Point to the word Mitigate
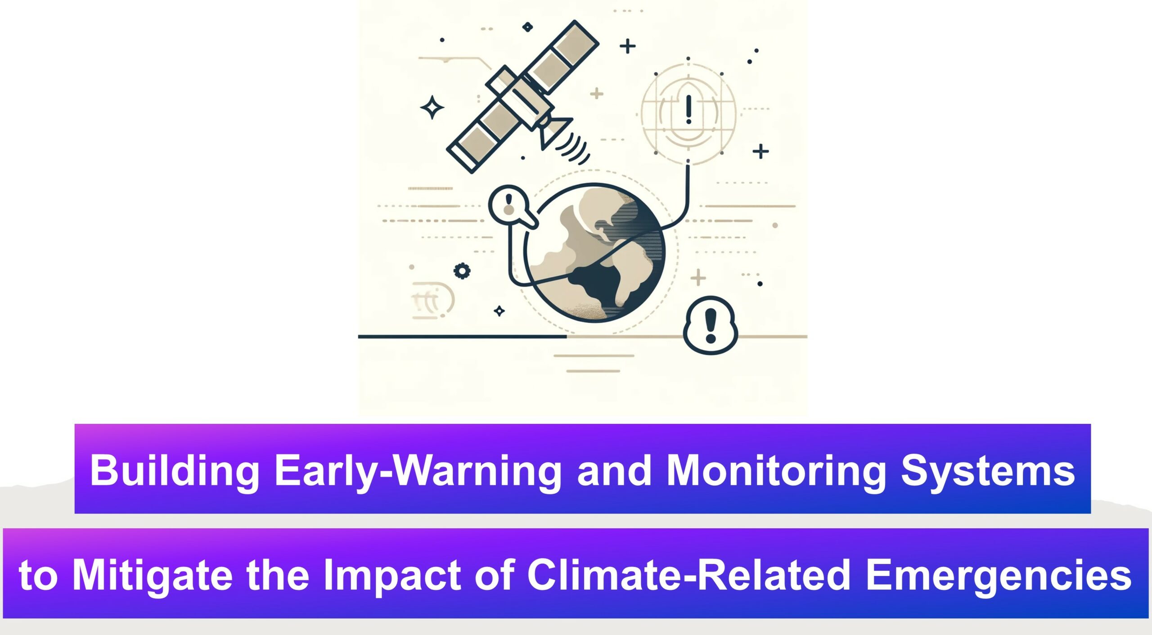tap(152, 576)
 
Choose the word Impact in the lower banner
tap(392, 576)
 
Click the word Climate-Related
tap(689, 575)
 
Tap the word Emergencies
tap(998, 576)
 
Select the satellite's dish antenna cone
tap(554, 132)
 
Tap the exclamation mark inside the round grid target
tap(688, 109)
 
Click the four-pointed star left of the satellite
tap(432, 108)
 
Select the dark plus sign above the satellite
tap(628, 46)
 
